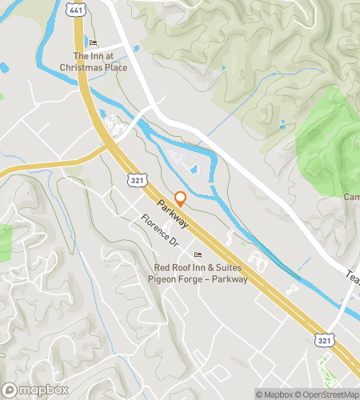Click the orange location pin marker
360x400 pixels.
(x=180, y=198)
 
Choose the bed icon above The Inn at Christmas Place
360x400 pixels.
(x=93, y=42)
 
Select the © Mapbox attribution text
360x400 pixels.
(x=274, y=394)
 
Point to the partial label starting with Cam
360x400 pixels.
(x=352, y=197)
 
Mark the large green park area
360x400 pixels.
(x=328, y=140)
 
